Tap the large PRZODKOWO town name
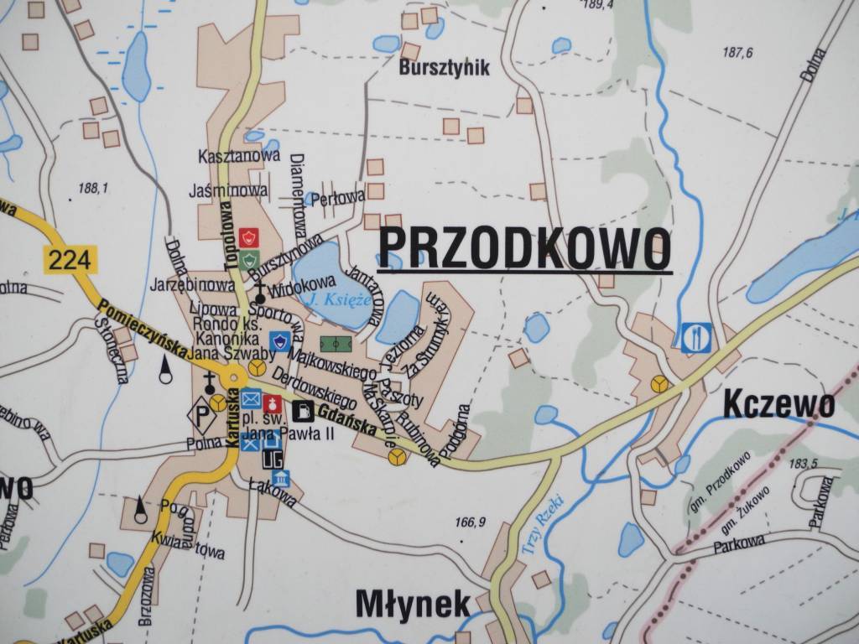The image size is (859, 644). click(524, 246)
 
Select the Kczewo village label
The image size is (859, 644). click(778, 407)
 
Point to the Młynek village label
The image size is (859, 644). click(412, 603)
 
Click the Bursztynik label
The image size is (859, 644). click(445, 68)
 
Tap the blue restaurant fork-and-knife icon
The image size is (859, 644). click(696, 337)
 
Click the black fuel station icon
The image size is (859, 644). click(304, 410)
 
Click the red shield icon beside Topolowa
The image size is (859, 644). click(247, 237)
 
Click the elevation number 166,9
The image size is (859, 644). click(470, 522)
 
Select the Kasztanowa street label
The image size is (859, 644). click(227, 156)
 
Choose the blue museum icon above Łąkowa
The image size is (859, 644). click(281, 479)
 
